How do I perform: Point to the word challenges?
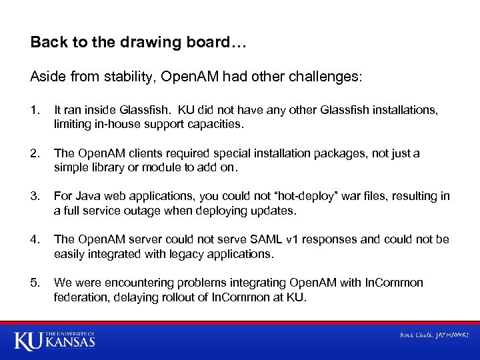[x=326, y=77]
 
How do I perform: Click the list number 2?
[x=34, y=153]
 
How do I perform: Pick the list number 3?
[x=34, y=196]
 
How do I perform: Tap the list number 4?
[x=34, y=239]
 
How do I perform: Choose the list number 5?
[x=34, y=283]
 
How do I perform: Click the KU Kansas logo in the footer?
[x=55, y=340]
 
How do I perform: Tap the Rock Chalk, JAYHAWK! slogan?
[x=433, y=335]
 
